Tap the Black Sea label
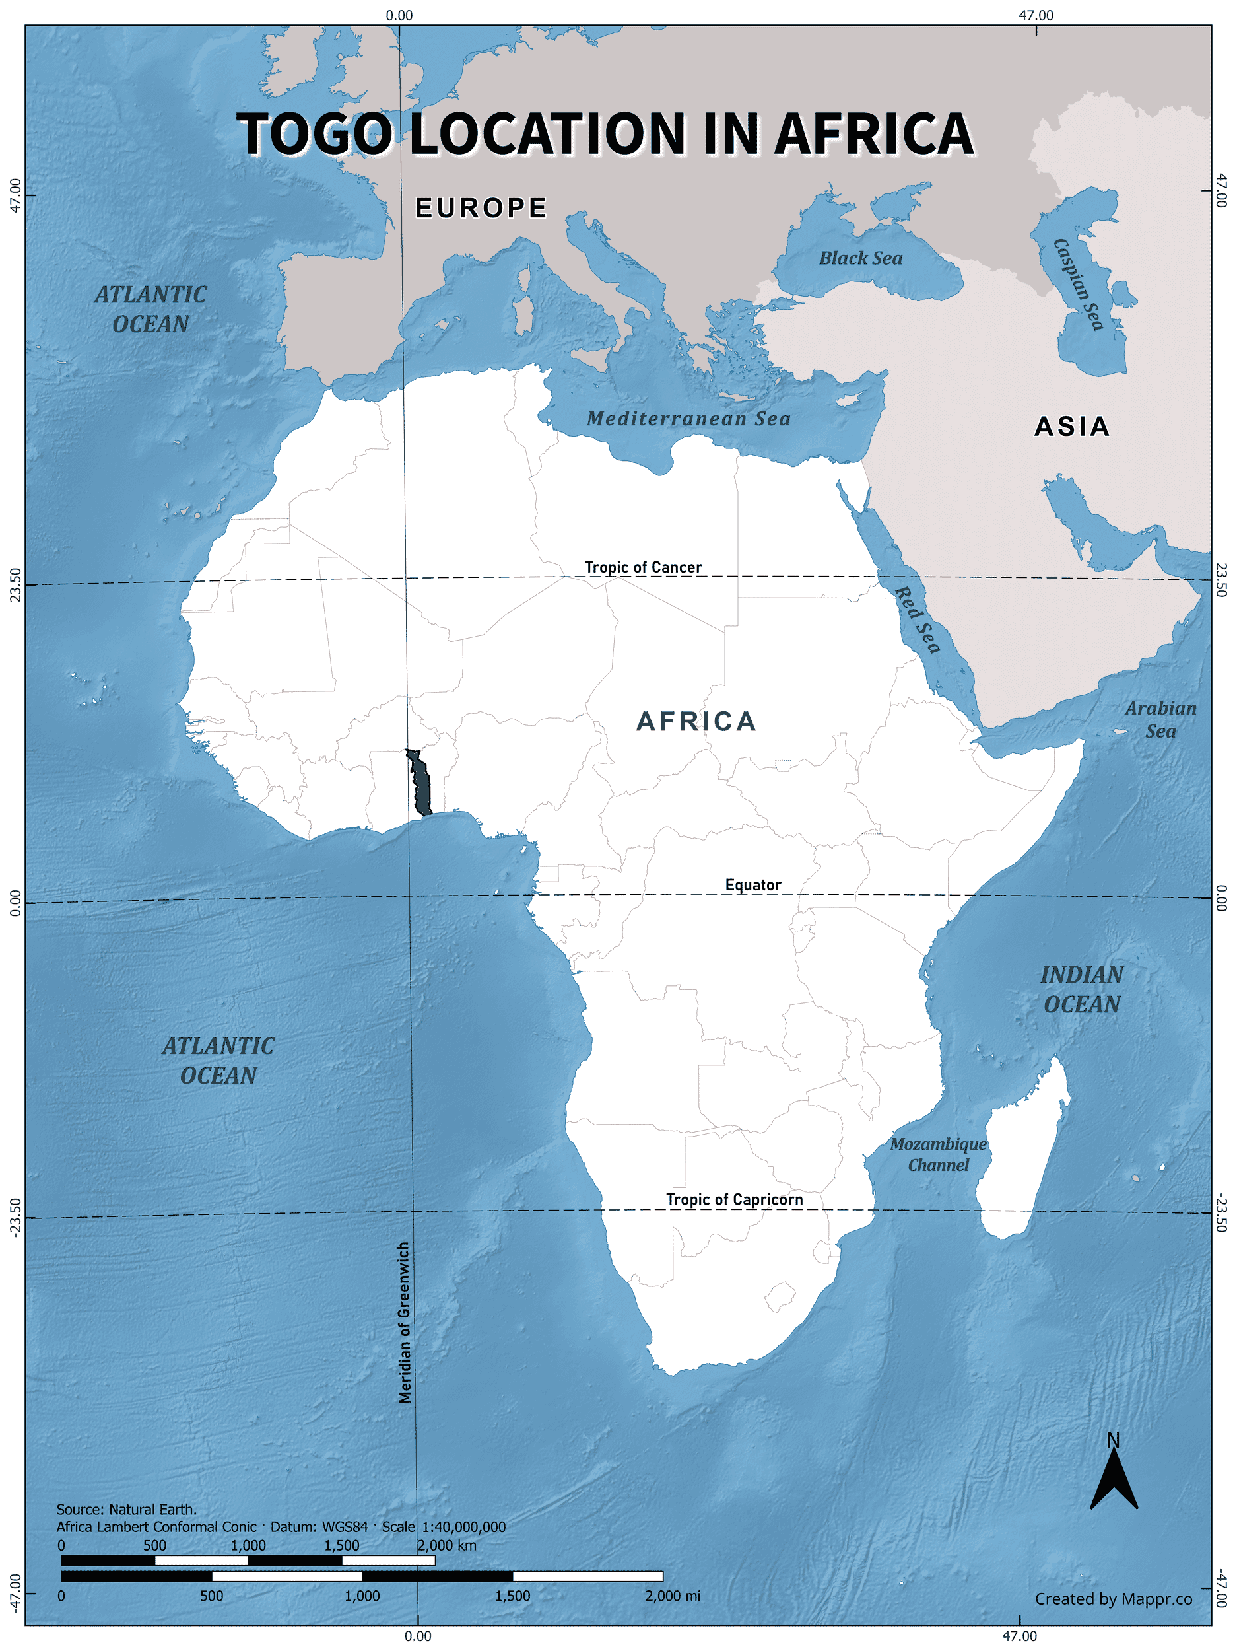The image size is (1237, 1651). tap(860, 258)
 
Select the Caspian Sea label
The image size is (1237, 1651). tap(1078, 283)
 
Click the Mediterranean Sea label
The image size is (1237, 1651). tap(688, 419)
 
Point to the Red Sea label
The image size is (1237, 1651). tap(917, 619)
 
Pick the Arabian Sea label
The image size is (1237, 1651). tap(1160, 720)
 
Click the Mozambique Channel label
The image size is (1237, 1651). tap(938, 1154)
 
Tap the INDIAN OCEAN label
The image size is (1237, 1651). tap(1082, 989)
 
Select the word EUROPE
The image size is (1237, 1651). tap(481, 207)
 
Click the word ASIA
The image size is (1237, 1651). tap(1072, 426)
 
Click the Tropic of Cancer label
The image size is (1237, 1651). tap(642, 567)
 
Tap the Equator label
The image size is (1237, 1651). tap(752, 884)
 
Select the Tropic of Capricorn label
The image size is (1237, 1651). tap(734, 1199)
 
